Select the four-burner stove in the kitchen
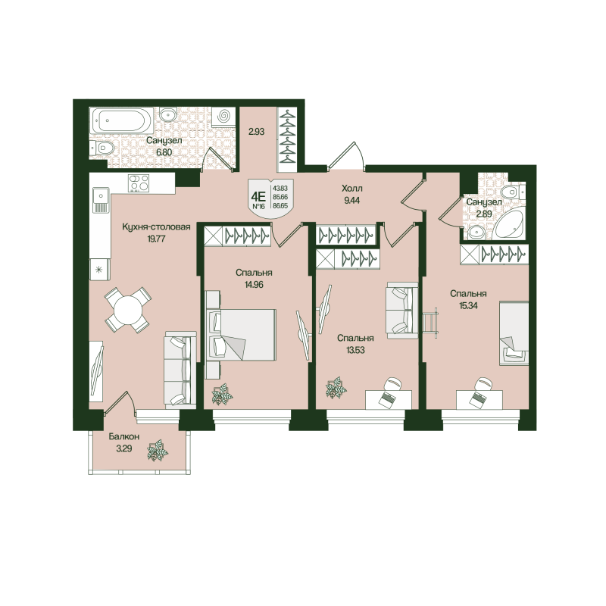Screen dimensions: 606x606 tap(138, 183)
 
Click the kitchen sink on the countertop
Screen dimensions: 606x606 tap(99, 200)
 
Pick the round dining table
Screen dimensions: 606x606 tap(126, 309)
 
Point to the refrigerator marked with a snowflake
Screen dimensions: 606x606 tap(98, 267)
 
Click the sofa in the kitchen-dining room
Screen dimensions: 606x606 tap(176, 370)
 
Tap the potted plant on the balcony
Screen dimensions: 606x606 tap(159, 451)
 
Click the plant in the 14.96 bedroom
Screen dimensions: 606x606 tap(223, 394)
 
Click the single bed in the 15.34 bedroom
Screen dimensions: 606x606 tap(514, 333)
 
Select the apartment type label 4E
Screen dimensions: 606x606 tap(258, 192)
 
